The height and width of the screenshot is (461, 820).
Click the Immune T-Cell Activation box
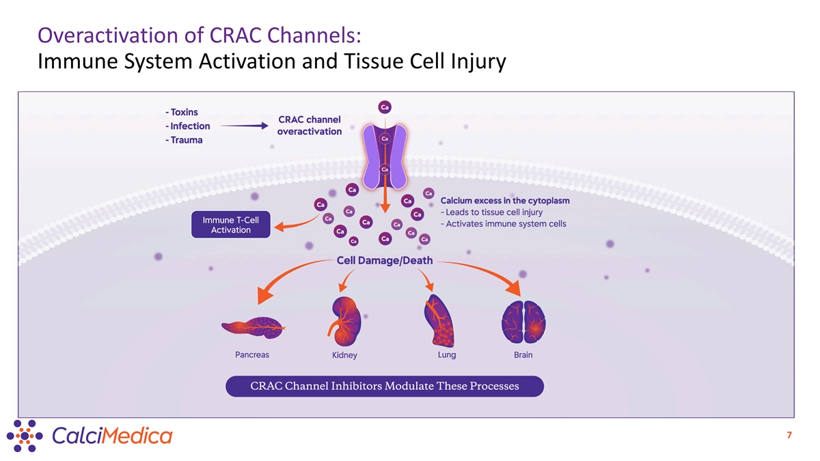(231, 225)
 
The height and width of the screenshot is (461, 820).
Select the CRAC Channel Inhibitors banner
(385, 386)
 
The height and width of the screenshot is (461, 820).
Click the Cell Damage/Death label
(385, 261)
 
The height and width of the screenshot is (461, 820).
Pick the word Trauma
(186, 140)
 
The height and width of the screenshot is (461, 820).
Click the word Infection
(190, 126)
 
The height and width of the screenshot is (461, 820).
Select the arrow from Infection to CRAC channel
(244, 126)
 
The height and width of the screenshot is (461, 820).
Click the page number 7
(789, 435)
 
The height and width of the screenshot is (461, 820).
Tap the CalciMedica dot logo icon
(26, 435)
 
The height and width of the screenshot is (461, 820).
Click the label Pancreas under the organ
(252, 355)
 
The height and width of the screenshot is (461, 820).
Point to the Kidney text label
(344, 356)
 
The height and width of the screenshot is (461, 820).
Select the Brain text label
(523, 355)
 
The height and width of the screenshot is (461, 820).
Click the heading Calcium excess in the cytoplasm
(505, 201)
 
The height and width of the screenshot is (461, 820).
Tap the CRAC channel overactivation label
(310, 126)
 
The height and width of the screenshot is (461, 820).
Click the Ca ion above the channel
(385, 107)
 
